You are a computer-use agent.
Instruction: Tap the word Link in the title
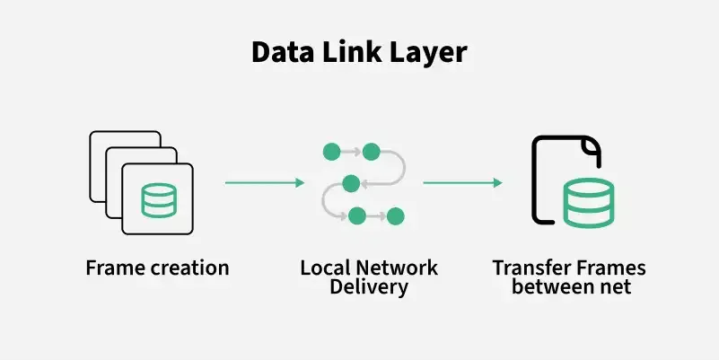click(x=346, y=52)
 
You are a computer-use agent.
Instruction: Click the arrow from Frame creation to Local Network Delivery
click(x=265, y=183)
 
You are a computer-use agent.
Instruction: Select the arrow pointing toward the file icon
click(x=462, y=183)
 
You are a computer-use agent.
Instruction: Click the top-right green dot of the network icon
click(x=370, y=150)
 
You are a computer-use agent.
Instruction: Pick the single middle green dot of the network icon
click(x=351, y=183)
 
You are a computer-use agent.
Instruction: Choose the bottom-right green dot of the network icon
click(x=396, y=216)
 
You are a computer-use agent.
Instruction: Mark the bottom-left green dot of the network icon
click(x=357, y=215)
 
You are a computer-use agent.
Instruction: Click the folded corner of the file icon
click(x=591, y=147)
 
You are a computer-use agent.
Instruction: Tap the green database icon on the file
click(x=588, y=203)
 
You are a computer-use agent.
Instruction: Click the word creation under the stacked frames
click(x=189, y=268)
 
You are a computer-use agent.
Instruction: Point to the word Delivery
click(x=369, y=287)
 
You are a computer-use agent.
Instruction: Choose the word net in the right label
click(x=617, y=287)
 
